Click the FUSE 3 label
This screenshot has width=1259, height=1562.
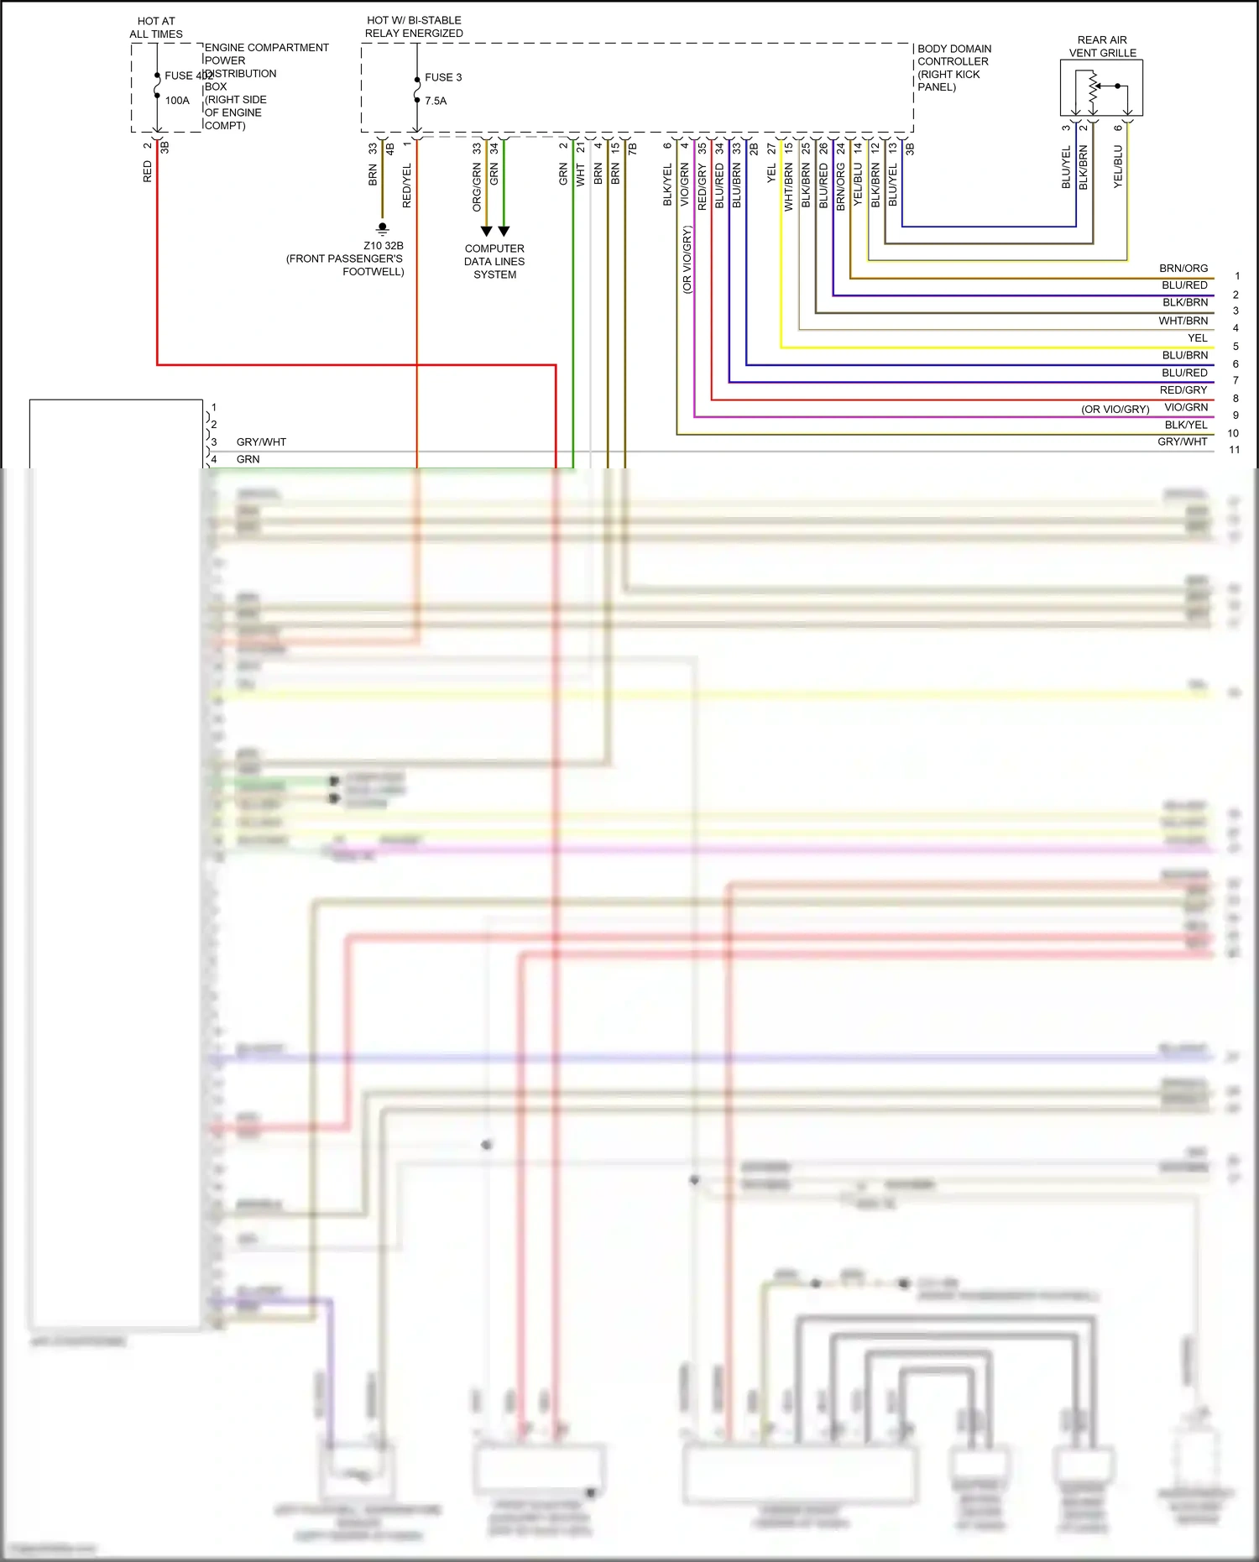tap(442, 77)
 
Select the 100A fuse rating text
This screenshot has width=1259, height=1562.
tap(177, 101)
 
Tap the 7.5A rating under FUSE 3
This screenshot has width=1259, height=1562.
tap(436, 101)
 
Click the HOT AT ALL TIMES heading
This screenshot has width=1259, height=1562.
tap(156, 28)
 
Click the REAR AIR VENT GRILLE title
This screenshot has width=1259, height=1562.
tap(1102, 46)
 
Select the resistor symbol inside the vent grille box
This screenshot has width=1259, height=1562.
tap(1093, 91)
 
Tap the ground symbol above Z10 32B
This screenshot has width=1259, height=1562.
tap(383, 228)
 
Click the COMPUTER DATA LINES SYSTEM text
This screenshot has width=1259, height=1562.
tap(494, 261)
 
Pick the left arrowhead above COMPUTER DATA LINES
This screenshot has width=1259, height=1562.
tap(486, 231)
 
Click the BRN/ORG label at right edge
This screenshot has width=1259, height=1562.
tap(1183, 269)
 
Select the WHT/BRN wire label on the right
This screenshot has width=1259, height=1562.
tap(1183, 321)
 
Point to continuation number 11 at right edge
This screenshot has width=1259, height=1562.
tap(1235, 450)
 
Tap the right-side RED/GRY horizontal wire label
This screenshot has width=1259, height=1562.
tap(1183, 390)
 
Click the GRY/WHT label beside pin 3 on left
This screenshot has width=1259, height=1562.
tap(261, 442)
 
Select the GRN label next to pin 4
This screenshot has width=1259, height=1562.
tap(248, 459)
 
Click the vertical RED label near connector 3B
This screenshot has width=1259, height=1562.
tap(148, 172)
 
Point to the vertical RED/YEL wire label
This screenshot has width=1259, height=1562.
tap(407, 186)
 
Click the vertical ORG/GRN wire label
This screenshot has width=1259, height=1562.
tap(477, 187)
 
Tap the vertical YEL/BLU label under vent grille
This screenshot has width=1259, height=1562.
tap(1117, 166)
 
